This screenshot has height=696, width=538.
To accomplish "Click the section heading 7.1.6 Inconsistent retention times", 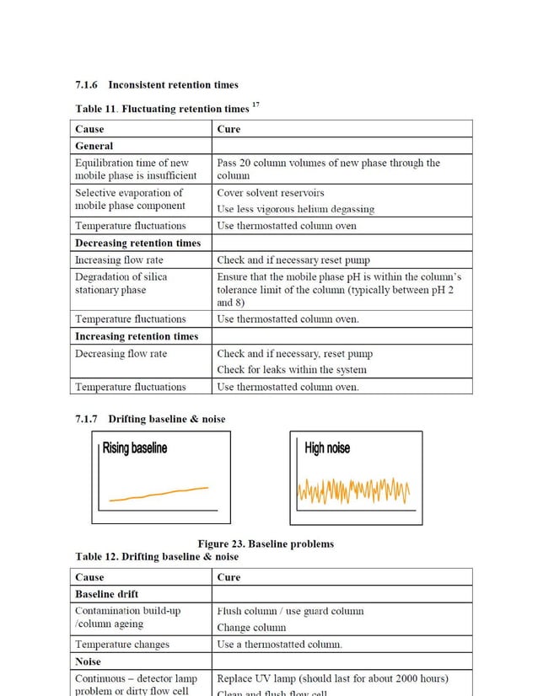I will point(157,84).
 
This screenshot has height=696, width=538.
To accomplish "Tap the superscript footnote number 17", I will point(256,104).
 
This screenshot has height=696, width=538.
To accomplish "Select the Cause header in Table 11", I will point(90,129).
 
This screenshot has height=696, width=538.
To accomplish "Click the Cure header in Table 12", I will point(229,577).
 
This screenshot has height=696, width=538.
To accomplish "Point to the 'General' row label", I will point(94,146).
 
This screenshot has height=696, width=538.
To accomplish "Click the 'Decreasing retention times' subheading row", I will point(137,243).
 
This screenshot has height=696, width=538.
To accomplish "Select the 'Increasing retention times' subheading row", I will point(137,336).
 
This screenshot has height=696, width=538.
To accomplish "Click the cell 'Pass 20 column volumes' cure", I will point(328,169).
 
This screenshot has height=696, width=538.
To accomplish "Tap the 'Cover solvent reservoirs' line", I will point(270,193).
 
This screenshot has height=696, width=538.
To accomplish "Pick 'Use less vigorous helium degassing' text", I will point(295,208).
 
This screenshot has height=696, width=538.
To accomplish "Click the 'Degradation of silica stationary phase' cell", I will point(121,283).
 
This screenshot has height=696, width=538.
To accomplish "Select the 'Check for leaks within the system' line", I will point(291,369).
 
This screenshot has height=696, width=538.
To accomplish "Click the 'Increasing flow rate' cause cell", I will point(119,260).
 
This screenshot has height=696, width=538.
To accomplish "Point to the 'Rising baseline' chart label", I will point(135,448).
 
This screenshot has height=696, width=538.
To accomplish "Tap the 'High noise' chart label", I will point(327,448).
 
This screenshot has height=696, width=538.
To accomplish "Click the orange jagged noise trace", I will point(354,490).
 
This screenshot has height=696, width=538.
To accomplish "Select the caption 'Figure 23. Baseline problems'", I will point(266,543).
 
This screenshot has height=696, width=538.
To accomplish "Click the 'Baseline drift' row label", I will point(107,594).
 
